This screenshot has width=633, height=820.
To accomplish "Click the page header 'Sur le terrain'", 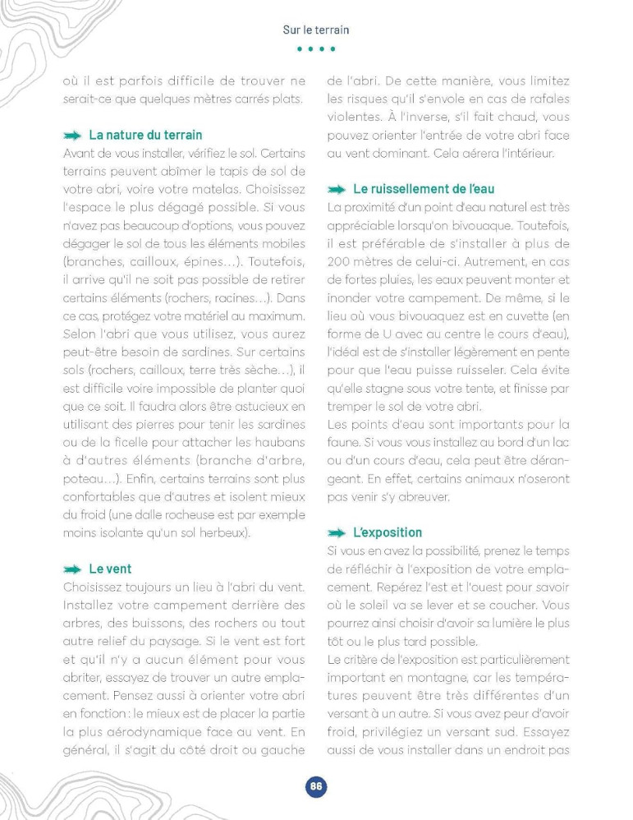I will click(x=316, y=30).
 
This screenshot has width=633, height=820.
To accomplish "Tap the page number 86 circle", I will click(x=316, y=786).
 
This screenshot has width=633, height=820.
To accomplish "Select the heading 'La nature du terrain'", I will click(x=145, y=135).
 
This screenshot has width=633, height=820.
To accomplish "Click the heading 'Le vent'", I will click(x=110, y=569).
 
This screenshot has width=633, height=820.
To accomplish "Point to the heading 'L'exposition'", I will click(x=388, y=532).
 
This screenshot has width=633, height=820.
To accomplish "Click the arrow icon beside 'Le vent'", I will click(x=73, y=569).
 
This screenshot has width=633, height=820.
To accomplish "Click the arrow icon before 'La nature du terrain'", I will click(x=73, y=136).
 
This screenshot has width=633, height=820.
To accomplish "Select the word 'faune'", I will click(x=344, y=442).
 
